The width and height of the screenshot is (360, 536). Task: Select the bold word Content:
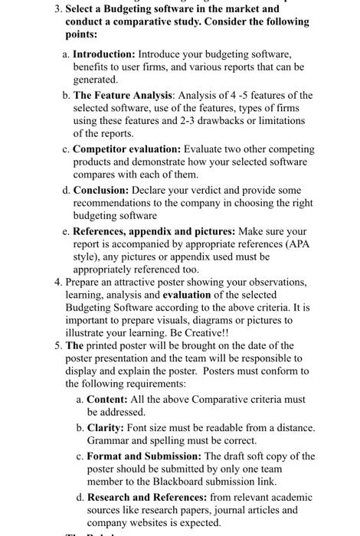point(107,399)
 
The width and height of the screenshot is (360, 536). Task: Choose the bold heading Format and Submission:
point(144,456)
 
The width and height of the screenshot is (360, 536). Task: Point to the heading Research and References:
point(149,496)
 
